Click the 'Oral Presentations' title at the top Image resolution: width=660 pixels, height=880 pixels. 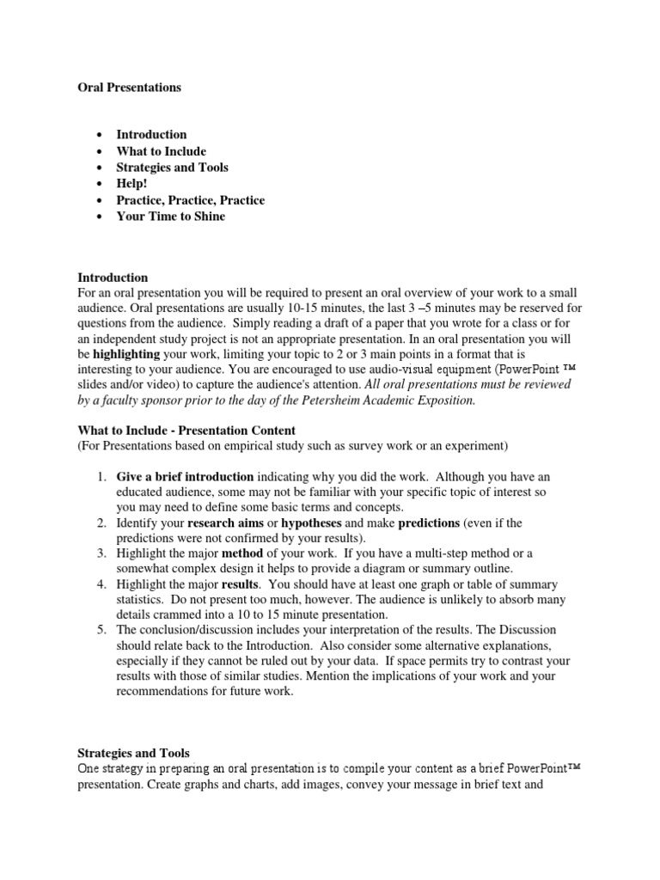pos(130,88)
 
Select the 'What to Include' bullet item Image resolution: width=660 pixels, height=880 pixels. pos(161,151)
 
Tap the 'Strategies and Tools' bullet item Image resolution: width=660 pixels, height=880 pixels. pos(172,168)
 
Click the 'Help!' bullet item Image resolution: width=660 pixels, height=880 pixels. pos(131,184)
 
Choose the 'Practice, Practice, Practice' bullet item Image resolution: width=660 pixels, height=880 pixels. pos(190,200)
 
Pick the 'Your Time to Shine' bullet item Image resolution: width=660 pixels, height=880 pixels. pos(170,217)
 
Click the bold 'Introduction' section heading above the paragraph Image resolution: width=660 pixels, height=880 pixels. pos(113,278)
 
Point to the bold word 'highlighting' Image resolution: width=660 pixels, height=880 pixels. pos(126,353)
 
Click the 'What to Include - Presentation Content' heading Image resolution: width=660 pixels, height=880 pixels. pos(186,431)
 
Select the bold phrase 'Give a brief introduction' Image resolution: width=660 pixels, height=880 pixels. pos(185,476)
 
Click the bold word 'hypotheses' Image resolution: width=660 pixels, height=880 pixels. pos(311,522)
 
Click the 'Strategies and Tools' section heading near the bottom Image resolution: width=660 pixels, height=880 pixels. pos(133,754)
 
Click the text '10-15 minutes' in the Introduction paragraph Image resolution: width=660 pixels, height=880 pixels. pos(321,307)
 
